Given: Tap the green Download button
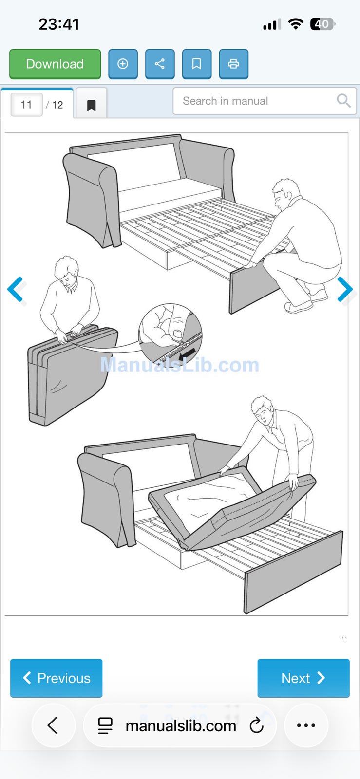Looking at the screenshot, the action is pos(55,64).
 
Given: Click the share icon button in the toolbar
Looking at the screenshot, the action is pos(160,64).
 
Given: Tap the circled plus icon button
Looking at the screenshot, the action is pos(123,64).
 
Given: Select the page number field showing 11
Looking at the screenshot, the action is pos(27,104).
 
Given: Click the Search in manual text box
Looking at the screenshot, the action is pos(265,101).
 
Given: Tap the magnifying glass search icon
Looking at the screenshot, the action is pos(343,101).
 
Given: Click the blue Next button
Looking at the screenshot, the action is pos(303,678).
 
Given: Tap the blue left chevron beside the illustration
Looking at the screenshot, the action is pos(15,289).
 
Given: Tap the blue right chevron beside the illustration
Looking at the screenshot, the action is pos(345,289).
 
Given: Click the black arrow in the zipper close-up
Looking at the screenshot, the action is pos(187,355).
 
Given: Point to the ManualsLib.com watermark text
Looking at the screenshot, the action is pos(179,365).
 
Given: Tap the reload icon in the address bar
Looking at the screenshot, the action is pos(257,725).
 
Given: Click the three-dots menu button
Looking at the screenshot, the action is pos(306,725).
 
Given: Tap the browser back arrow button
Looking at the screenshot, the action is pos(53,725).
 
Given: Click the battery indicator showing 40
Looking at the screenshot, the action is pos(322,24).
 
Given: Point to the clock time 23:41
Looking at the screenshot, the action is pos(59,24).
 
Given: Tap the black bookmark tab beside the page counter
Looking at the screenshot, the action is pos(92,105).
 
